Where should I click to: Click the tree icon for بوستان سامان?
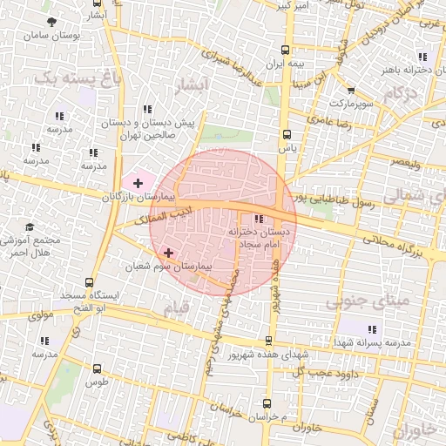55,22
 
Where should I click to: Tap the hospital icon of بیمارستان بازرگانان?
138,182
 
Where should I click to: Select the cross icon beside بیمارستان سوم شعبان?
168,253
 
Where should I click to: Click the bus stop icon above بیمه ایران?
287,50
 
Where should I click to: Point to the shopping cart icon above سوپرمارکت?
350,90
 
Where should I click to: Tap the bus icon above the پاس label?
287,134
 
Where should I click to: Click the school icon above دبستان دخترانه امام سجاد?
258,219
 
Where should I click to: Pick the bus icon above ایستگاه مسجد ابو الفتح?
90,282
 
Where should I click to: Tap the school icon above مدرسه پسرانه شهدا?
372,328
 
